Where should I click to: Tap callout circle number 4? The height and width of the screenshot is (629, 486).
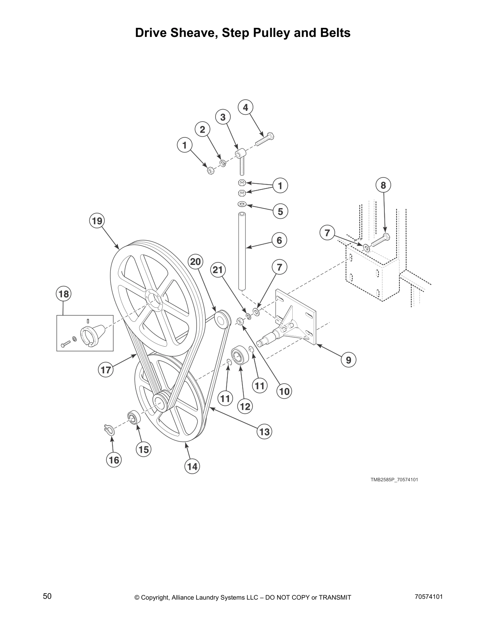[x=245, y=108]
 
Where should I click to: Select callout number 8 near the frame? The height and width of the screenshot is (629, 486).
[x=383, y=185]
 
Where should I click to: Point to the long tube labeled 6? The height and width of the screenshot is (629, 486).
[x=242, y=250]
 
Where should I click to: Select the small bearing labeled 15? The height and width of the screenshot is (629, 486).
[x=133, y=418]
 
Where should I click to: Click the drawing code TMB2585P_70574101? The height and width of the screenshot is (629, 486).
[x=394, y=480]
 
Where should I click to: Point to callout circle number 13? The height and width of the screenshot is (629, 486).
[x=264, y=432]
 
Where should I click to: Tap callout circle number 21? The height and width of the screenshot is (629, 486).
[x=218, y=270]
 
